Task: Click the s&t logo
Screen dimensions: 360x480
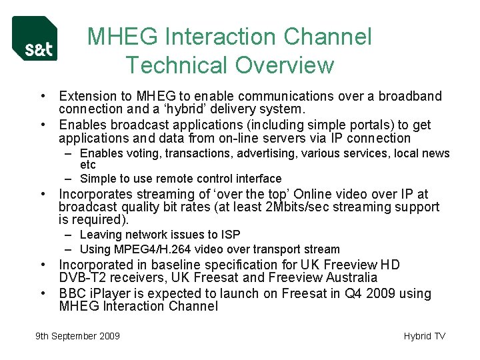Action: pyautogui.click(x=35, y=39)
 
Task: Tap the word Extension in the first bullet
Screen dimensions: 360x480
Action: pyautogui.click(x=85, y=96)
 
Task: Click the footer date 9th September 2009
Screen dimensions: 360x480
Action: pyautogui.click(x=77, y=336)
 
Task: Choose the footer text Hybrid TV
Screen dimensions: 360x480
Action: pyautogui.click(x=424, y=336)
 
